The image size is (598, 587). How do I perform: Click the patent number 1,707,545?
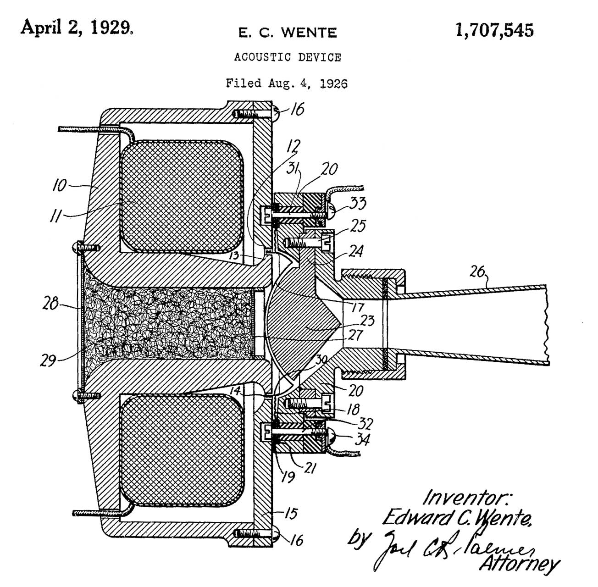tap(494, 31)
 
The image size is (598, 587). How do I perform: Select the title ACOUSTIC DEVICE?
tap(288, 57)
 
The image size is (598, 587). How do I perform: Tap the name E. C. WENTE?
tap(288, 33)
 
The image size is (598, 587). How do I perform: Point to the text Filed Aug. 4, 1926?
tap(287, 83)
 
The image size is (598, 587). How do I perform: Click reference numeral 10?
tap(59, 185)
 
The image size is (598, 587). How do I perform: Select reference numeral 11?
tap(56, 216)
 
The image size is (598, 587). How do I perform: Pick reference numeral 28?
tap(50, 304)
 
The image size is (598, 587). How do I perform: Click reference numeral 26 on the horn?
tap(477, 272)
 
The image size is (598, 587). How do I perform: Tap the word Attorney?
tap(519, 563)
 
